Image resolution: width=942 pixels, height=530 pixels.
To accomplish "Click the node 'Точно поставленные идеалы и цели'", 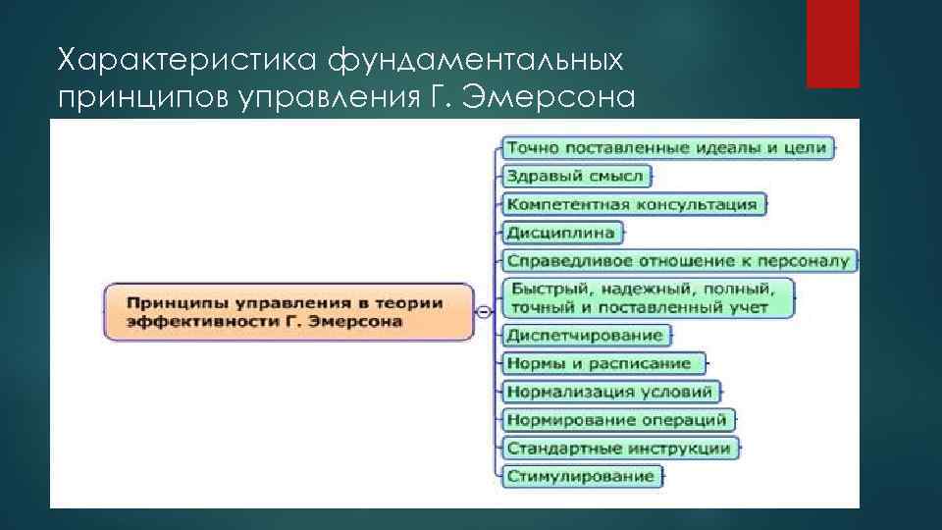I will (x=669, y=148).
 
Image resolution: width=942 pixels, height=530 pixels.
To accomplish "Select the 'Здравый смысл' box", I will (x=575, y=177).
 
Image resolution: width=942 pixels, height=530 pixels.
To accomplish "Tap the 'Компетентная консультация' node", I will (x=632, y=204).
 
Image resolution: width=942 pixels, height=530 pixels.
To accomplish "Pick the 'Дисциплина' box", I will (x=561, y=233).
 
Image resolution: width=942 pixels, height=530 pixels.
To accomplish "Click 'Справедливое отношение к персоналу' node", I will (x=679, y=261).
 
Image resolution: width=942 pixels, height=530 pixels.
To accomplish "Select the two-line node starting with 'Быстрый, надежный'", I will (x=648, y=297).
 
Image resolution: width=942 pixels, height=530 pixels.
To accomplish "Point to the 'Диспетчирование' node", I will (x=585, y=335).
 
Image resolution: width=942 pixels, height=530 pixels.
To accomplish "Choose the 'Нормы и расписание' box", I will (x=600, y=363).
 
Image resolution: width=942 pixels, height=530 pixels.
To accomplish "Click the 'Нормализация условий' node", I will (x=609, y=392).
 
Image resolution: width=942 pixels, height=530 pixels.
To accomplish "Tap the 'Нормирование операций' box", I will (x=616, y=420).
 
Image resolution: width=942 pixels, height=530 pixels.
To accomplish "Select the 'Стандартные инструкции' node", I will (x=618, y=449).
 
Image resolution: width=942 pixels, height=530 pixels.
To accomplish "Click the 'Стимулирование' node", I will (x=580, y=476).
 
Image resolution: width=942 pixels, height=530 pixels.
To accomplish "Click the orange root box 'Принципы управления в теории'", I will (x=288, y=312).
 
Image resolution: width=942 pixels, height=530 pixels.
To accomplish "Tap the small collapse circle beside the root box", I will (x=484, y=312).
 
